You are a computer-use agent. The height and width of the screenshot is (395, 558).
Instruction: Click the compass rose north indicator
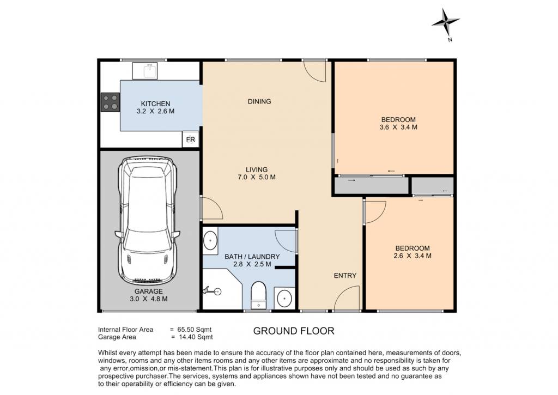[446, 23]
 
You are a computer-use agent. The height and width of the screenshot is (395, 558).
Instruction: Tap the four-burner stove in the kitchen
[110, 102]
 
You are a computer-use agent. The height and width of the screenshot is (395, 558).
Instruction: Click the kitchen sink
[145, 71]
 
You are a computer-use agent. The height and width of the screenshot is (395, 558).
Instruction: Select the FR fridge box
[190, 139]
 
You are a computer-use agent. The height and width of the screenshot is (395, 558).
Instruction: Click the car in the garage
[147, 220]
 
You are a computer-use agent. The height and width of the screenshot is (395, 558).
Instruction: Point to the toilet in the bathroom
[258, 295]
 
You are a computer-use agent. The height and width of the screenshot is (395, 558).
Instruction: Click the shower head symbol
[212, 291]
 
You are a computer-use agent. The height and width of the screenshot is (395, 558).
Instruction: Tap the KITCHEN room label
[155, 104]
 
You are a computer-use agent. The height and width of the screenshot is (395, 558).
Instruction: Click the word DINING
[259, 101]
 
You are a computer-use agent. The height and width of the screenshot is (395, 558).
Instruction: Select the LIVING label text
[257, 170]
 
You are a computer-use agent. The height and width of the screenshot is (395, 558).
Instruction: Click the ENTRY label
[345, 276]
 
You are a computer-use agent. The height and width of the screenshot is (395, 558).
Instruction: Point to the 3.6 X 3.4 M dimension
[398, 127]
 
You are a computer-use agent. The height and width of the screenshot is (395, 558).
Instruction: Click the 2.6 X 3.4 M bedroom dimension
[413, 256]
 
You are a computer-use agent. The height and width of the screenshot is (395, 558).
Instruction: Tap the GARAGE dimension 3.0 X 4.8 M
[149, 299]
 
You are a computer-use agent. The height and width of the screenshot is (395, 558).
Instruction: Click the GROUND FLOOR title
[294, 331]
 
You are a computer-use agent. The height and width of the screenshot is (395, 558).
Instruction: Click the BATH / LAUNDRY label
[252, 257]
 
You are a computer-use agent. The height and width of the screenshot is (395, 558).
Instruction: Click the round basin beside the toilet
[284, 298]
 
